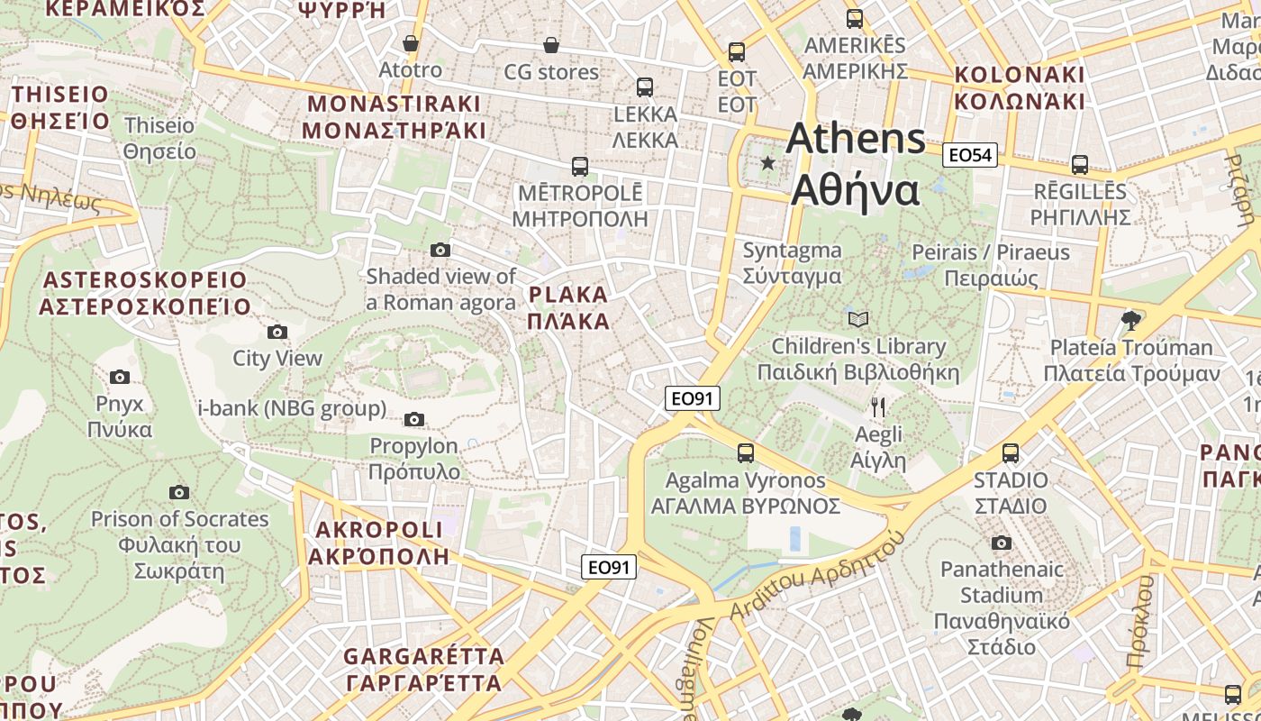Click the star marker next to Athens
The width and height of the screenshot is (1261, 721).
[767, 163]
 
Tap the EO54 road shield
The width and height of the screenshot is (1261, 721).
[970, 155]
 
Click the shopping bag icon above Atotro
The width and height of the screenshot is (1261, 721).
[411, 43]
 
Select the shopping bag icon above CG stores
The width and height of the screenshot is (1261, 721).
[551, 45]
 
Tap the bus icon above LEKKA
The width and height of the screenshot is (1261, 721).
[645, 87]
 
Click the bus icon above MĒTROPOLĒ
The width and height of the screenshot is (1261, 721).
[580, 167]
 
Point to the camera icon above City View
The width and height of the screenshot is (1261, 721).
[277, 332]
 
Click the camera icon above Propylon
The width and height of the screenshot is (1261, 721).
[414, 419]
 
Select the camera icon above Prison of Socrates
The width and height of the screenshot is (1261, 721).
[179, 492]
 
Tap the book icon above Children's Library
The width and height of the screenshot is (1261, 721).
[858, 319]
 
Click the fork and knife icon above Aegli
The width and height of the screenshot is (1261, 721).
[878, 407]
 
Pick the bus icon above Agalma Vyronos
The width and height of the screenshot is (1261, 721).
[746, 453]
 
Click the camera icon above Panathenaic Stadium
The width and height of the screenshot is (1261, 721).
[1002, 543]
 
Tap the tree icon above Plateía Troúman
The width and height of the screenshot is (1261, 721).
[1130, 320]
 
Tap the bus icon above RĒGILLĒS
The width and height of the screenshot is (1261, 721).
[1080, 165]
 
